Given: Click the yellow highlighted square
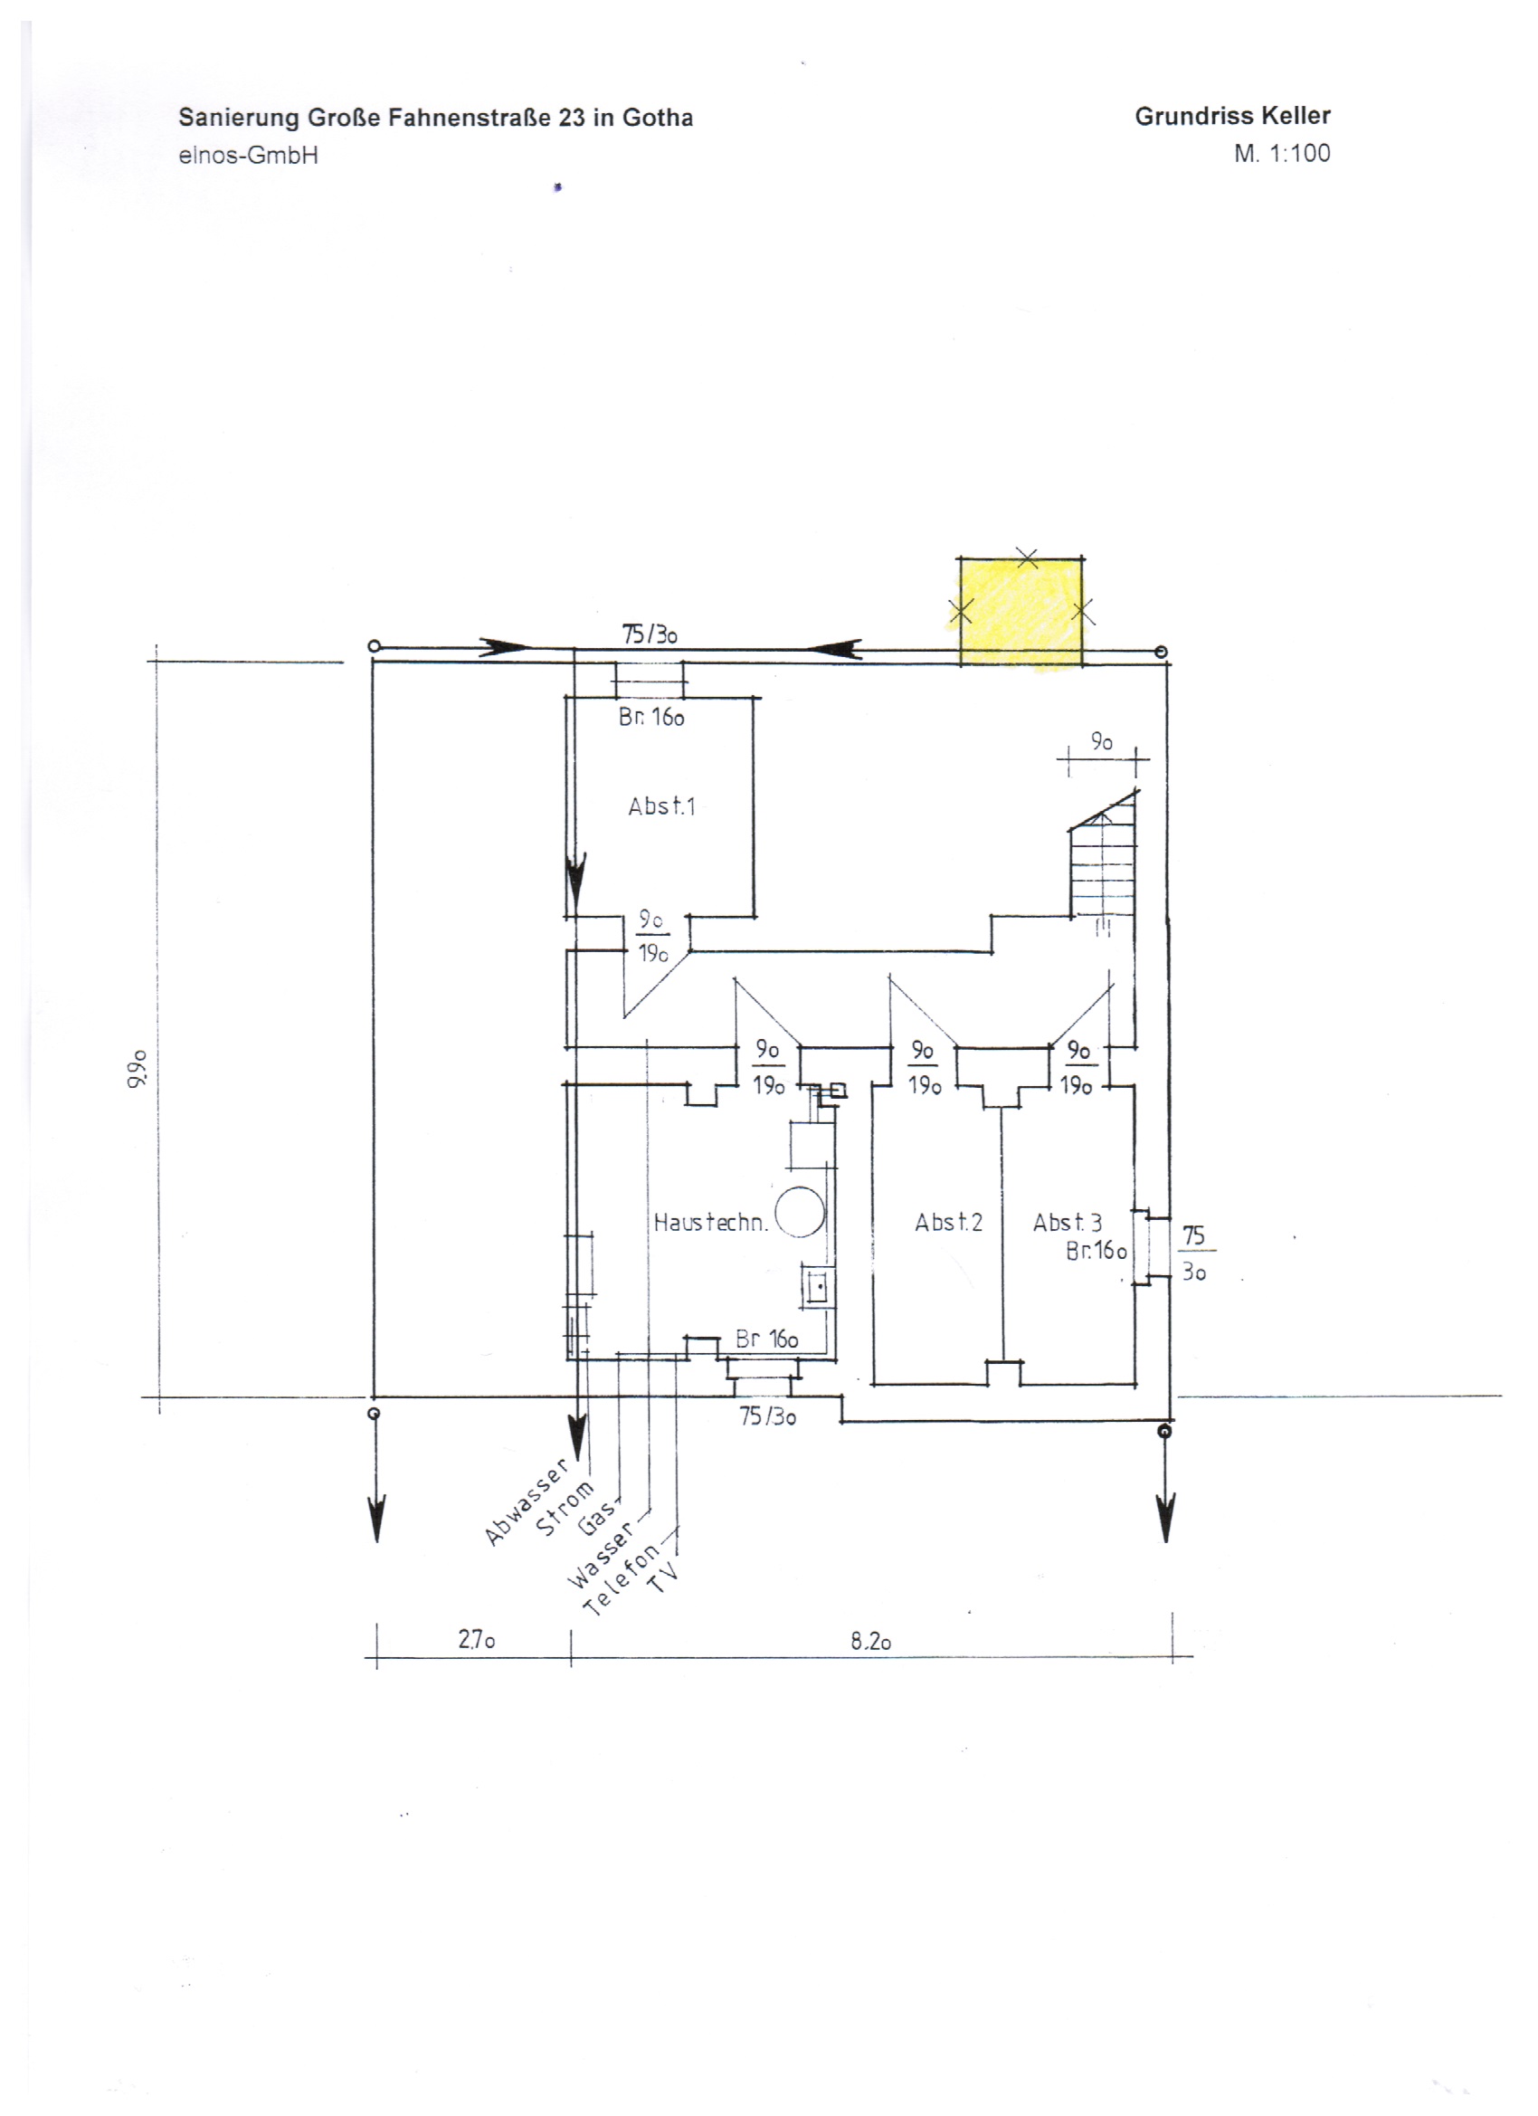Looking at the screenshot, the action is coord(1021,611).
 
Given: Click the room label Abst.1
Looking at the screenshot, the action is coord(661,806).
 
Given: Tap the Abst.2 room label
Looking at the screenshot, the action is coord(948,1222).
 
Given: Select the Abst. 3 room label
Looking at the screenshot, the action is coord(1067,1222).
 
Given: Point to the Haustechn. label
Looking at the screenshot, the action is coord(711,1222).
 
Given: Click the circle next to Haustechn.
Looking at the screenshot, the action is coord(801,1212).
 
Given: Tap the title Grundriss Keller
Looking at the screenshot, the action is coord(1232,117).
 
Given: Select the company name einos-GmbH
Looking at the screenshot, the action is coord(248,156).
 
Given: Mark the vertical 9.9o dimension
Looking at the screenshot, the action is coord(138,1068).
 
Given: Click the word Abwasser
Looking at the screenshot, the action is coord(526,1501).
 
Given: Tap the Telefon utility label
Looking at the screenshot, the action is coord(622,1577).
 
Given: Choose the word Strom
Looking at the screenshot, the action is coord(565,1508).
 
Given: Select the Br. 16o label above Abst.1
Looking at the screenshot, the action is coord(651,717).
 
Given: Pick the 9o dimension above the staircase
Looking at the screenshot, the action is coord(1102,742).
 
